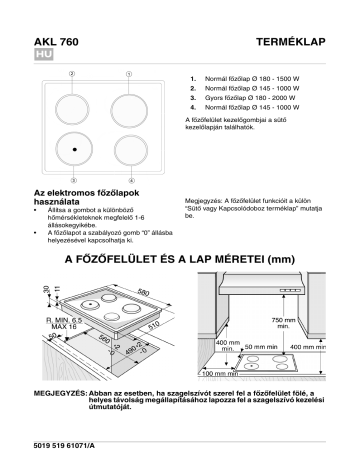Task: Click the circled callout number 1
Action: tap(127, 73)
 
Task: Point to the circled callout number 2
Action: tap(72, 73)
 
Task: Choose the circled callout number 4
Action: tap(127, 180)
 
